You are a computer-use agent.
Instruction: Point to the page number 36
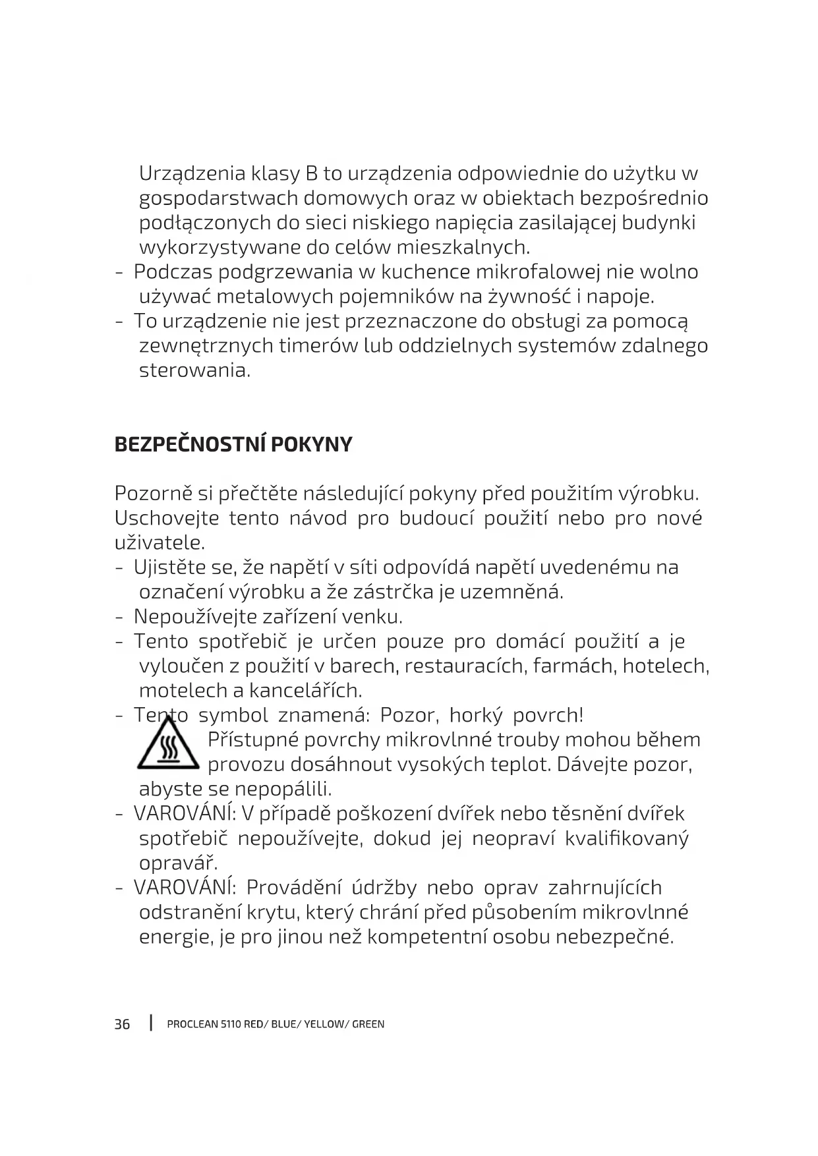coord(123,1024)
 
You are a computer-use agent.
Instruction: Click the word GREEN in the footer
coord(368,1024)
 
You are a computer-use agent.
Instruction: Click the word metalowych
coord(275,297)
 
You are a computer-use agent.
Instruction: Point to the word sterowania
coord(194,370)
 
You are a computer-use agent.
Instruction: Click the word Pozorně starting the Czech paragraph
coord(156,494)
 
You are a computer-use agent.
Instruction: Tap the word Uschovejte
coord(166,518)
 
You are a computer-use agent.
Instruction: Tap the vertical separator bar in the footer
coord(151,1024)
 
